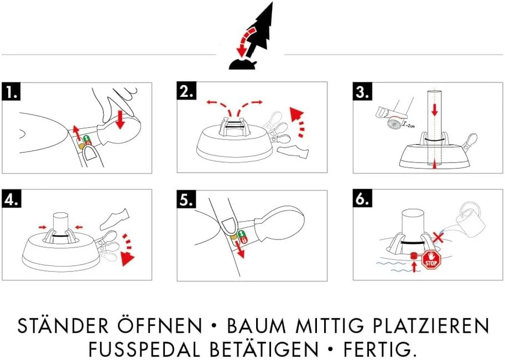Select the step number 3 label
click(363, 92)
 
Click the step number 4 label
click(12, 200)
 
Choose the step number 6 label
click(363, 200)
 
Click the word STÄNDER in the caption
click(61, 326)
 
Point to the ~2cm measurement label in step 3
click(410, 126)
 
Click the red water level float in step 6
click(413, 256)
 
